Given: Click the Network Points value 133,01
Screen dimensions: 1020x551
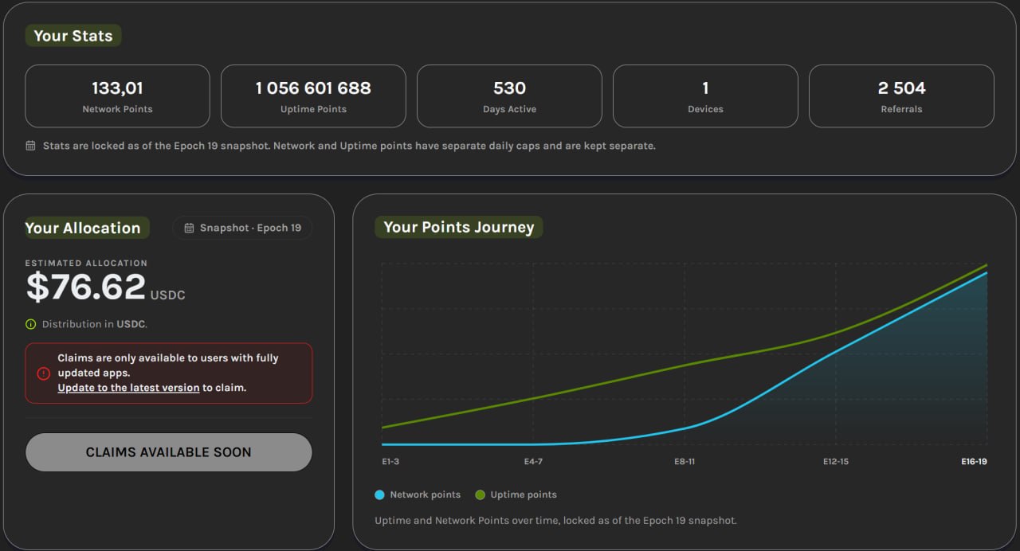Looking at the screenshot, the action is pyautogui.click(x=117, y=88).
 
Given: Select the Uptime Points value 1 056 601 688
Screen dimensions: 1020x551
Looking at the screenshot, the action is pyautogui.click(x=313, y=88).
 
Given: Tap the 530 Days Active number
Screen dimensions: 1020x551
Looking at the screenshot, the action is pyautogui.click(x=509, y=88).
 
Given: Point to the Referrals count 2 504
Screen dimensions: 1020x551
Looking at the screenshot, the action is pyautogui.click(x=901, y=88).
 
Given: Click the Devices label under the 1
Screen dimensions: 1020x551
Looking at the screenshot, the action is pyautogui.click(x=705, y=109).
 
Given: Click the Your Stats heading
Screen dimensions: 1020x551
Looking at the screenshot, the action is pyautogui.click(x=73, y=36).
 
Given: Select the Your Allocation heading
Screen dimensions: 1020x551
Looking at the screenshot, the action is pyautogui.click(x=82, y=228).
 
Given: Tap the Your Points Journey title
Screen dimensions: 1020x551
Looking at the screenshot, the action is pyautogui.click(x=458, y=227).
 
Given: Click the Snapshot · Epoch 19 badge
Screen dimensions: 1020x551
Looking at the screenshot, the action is pyautogui.click(x=242, y=228).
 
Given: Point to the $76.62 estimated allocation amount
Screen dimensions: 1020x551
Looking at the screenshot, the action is pyautogui.click(x=85, y=287).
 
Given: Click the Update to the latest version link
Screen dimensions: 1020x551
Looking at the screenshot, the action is pyautogui.click(x=128, y=388).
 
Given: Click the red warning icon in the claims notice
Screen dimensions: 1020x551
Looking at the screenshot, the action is pyautogui.click(x=43, y=373).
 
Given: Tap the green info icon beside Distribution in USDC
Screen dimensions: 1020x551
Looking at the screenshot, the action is pyautogui.click(x=30, y=324).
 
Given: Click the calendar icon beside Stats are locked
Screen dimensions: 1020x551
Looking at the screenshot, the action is pyautogui.click(x=30, y=146).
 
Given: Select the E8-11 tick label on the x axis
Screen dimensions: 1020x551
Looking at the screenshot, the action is pyautogui.click(x=685, y=461).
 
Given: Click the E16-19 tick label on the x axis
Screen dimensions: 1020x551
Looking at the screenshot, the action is pyautogui.click(x=974, y=461).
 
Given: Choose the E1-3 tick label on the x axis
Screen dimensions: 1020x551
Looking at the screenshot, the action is pyautogui.click(x=390, y=461).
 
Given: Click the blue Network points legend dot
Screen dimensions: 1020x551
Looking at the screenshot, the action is pyautogui.click(x=379, y=495).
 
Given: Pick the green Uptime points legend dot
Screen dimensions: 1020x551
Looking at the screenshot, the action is pyautogui.click(x=480, y=495).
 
